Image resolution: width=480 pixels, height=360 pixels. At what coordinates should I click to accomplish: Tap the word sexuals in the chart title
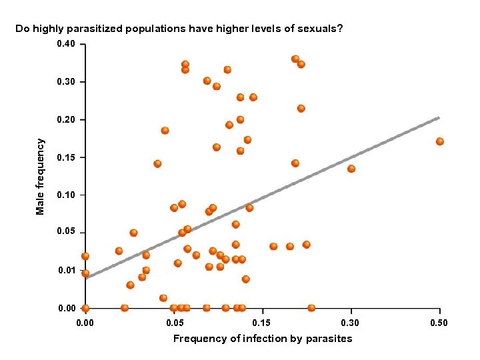(318, 29)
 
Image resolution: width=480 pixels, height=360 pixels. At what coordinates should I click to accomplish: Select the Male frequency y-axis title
(41, 177)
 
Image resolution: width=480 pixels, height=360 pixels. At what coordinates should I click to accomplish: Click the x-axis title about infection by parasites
(263, 339)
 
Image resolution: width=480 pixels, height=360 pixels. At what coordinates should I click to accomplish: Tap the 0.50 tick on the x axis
(439, 323)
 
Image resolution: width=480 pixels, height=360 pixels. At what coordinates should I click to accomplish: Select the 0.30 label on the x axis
(350, 323)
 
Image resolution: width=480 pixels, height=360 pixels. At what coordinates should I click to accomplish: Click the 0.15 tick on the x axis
(262, 323)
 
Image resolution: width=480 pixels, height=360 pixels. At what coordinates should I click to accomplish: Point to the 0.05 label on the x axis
(174, 323)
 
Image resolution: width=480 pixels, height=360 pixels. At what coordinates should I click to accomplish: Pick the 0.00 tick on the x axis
(85, 323)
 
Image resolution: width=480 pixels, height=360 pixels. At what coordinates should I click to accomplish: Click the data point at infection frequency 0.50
(440, 141)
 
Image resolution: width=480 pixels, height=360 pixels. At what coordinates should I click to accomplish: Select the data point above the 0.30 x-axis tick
(351, 169)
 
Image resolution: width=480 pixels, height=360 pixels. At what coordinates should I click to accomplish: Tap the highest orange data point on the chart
(295, 59)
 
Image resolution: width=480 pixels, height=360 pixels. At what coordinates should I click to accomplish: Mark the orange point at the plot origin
(85, 308)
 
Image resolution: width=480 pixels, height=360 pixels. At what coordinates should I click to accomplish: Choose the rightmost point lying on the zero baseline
(311, 308)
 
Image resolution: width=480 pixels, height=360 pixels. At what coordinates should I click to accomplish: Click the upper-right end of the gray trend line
(438, 118)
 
